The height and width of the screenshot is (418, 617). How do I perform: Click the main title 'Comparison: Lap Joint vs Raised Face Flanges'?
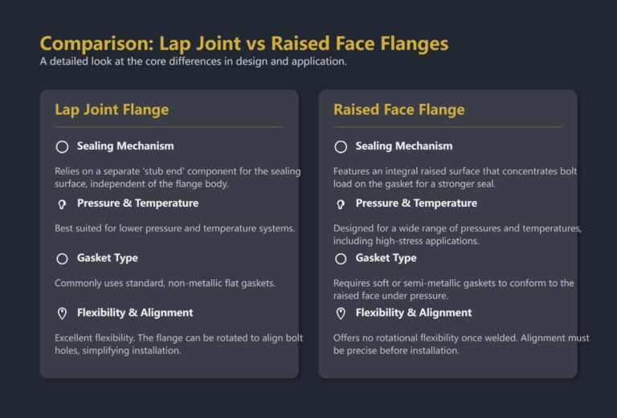coord(243,43)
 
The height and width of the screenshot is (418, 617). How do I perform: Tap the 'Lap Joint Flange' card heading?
coord(112,109)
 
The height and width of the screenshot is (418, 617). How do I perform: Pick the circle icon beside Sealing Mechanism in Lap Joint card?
coord(62,146)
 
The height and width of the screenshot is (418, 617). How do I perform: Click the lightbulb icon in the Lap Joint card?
coord(62,204)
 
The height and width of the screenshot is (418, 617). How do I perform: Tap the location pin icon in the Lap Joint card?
coord(62,313)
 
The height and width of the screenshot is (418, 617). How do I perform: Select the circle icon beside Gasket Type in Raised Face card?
coord(341,259)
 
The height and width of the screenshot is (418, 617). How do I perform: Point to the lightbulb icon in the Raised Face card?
coord(341,204)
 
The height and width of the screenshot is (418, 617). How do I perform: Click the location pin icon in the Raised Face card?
coord(341,313)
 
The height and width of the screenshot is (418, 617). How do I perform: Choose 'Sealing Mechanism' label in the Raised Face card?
coord(404,146)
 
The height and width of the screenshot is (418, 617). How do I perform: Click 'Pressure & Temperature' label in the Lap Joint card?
coord(137,203)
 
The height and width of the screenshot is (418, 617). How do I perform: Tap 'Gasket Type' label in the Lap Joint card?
coord(107,258)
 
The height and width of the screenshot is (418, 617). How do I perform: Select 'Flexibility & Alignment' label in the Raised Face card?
coord(414,313)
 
